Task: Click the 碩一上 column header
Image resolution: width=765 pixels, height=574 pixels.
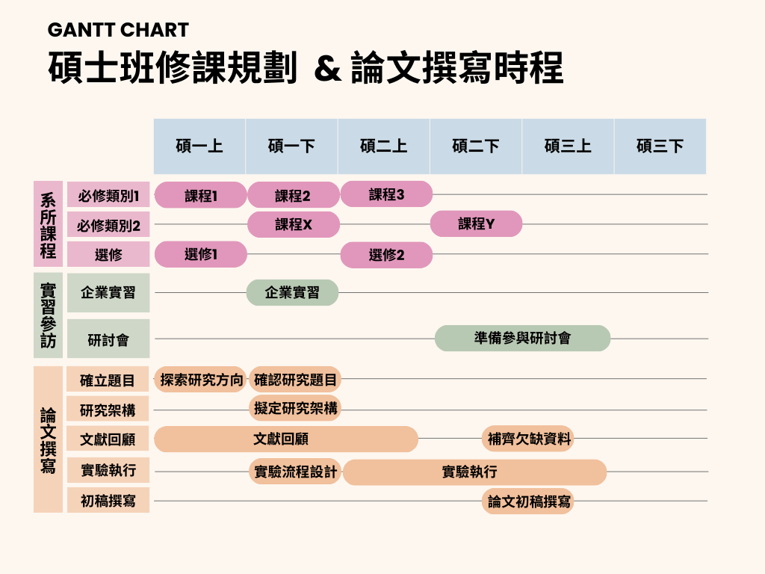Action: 199,146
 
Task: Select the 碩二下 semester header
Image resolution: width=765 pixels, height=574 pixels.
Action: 476,146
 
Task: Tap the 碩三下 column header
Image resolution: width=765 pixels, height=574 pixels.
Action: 660,146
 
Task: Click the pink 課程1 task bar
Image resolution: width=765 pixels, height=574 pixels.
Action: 200,195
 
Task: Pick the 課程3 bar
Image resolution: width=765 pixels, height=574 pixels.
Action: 386,194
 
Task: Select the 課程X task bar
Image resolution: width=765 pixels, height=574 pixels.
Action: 293,224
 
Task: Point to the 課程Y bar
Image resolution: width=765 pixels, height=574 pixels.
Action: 476,223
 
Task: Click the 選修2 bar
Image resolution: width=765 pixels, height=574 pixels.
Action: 386,255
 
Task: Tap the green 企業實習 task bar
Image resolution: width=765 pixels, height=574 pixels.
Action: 292,292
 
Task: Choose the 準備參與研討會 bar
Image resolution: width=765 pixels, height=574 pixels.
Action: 522,339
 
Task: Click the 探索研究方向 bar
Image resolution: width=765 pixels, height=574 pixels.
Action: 201,379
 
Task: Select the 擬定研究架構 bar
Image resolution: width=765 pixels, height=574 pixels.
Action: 295,408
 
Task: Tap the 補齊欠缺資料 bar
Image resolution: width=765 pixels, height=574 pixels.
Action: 528,438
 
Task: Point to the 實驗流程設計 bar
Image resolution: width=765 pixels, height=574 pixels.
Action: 295,472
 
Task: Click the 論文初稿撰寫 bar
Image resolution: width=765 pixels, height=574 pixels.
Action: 528,502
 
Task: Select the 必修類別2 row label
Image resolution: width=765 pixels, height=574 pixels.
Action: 108,225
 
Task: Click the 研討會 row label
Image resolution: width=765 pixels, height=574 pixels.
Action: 108,339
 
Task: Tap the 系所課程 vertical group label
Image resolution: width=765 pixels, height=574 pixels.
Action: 49,224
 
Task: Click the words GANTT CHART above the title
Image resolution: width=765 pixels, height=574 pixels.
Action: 118,30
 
